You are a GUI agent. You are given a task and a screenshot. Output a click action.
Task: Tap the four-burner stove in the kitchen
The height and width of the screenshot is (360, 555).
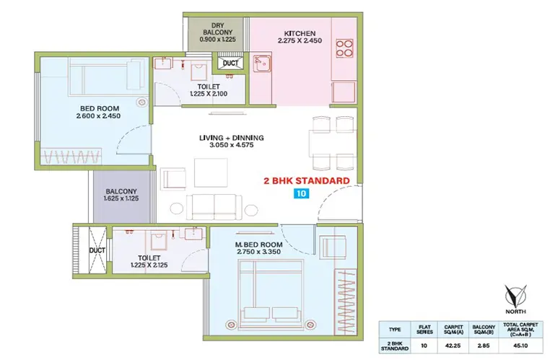(x=344, y=48)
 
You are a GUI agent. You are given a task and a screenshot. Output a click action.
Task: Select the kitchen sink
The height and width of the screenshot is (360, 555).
(x=262, y=63)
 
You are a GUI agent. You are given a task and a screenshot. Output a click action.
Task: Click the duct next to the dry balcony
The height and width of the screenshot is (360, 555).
(x=230, y=63)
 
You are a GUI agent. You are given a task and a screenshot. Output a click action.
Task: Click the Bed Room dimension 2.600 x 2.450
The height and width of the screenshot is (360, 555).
(x=98, y=115)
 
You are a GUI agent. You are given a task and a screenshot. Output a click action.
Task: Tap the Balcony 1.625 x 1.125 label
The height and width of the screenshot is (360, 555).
(x=121, y=195)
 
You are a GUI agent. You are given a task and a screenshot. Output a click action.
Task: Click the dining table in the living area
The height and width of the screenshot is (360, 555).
(x=333, y=144)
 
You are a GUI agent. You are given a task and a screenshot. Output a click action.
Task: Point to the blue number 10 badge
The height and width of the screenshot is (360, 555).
(x=301, y=193)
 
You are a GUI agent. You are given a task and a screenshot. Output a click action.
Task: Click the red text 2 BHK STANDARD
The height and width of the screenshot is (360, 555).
(x=307, y=181)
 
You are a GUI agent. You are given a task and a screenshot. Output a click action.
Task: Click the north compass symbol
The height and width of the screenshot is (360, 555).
(x=515, y=299)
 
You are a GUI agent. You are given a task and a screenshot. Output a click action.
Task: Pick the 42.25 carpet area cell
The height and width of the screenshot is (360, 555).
(x=453, y=346)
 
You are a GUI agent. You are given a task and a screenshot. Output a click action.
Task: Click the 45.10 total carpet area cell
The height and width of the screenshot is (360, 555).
(x=520, y=346)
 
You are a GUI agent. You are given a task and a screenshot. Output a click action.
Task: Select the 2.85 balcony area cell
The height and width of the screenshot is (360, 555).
(x=484, y=346)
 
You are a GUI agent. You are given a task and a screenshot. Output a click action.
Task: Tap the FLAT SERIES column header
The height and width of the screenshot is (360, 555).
(x=424, y=330)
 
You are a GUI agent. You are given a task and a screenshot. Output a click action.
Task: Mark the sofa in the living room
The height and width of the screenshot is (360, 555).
(x=214, y=207)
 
